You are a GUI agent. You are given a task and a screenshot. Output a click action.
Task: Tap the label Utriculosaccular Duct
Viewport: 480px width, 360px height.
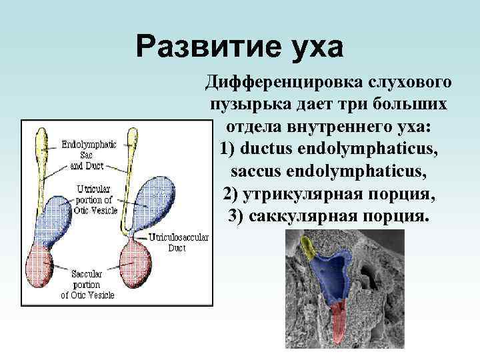(177, 242)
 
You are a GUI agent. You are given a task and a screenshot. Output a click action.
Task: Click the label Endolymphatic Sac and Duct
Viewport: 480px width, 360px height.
(88, 154)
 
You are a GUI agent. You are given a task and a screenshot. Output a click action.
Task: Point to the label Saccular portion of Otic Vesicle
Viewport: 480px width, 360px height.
(88, 283)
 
